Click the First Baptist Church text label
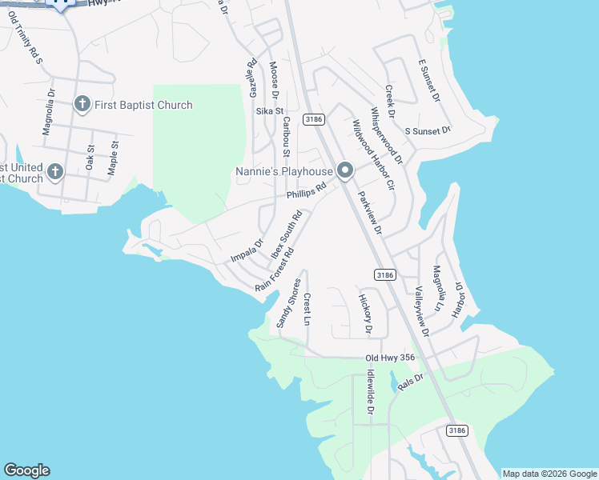tap(143, 105)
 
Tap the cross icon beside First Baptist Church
tap(82, 104)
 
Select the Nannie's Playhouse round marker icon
tap(345, 170)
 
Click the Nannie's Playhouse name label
tap(283, 171)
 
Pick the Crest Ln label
tap(307, 308)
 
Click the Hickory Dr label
tap(365, 314)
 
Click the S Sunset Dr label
tap(428, 130)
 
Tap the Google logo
tap(26, 470)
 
